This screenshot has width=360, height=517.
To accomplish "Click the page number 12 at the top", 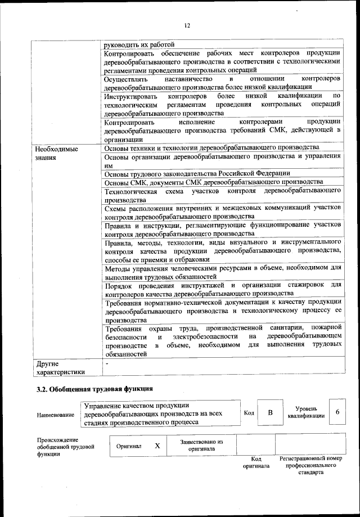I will tap(188, 25).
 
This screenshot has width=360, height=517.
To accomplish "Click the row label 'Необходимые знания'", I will tap(56, 154).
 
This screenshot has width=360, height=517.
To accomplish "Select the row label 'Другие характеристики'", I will tap(60, 367).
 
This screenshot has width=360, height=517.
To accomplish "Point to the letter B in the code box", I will tap(270, 413).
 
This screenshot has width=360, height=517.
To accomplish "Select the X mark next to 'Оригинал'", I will tap(157, 445).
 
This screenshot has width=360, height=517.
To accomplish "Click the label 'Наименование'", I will tap(56, 415).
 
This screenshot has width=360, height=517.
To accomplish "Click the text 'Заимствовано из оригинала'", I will tap(201, 446).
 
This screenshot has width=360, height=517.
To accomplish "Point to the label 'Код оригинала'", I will tap(256, 463).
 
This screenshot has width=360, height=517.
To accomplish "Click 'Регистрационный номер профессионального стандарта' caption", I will tap(311, 466).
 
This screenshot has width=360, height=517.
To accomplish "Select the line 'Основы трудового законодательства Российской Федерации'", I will tap(197, 173).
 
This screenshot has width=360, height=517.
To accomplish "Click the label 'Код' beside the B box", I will tap(249, 413).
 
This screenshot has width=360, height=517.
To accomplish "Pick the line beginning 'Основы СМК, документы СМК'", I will tap(214, 182).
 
